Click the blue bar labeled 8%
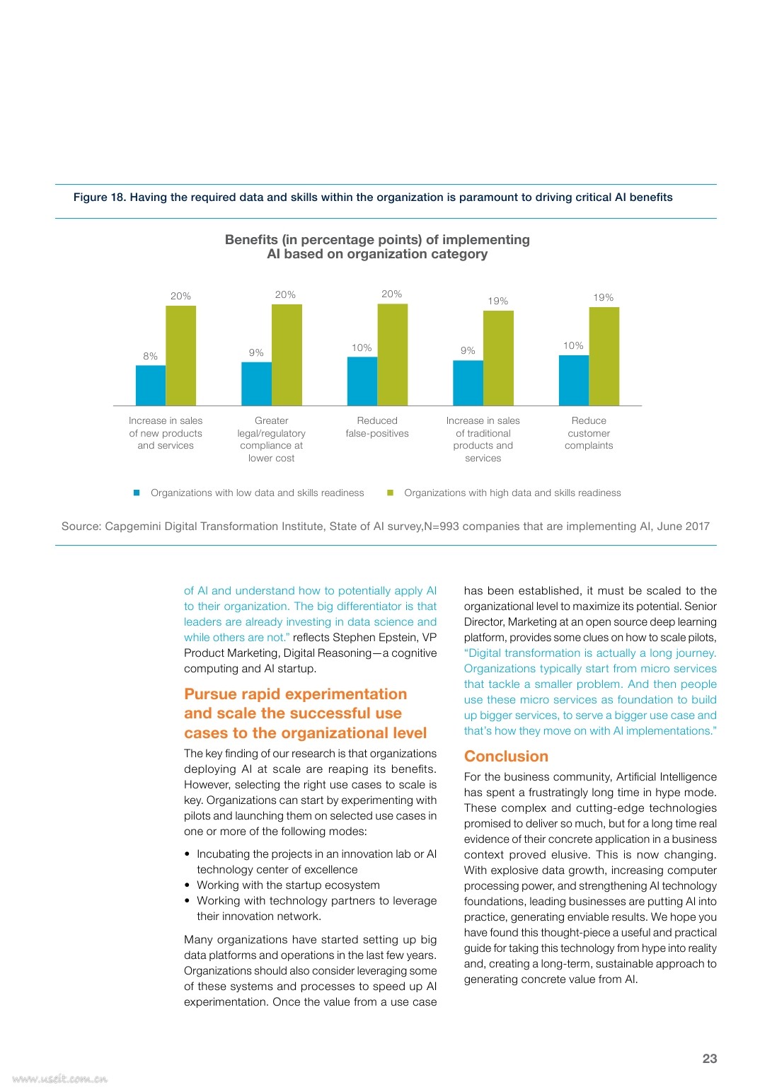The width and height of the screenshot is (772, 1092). (x=151, y=385)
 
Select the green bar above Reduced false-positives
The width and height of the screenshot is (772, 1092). (x=392, y=355)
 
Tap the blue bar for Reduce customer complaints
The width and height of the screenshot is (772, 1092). (x=574, y=380)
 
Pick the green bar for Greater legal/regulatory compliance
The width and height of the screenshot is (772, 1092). (x=287, y=355)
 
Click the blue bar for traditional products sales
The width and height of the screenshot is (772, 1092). (x=468, y=383)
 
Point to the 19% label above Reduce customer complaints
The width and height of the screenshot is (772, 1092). (x=603, y=297)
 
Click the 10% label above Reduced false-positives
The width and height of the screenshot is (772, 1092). (x=362, y=347)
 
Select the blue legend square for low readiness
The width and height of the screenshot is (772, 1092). (x=137, y=493)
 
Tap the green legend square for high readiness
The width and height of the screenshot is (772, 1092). (x=390, y=493)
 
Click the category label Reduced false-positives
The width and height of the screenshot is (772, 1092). (x=377, y=427)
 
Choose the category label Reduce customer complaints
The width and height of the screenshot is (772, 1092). (x=589, y=433)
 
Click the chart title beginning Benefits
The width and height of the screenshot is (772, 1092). (x=377, y=247)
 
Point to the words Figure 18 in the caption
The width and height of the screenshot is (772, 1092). (x=100, y=197)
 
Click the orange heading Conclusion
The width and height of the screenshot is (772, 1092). (x=506, y=756)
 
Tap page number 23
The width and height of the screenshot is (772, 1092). (x=710, y=1058)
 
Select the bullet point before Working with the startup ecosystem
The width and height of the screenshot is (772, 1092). (x=187, y=885)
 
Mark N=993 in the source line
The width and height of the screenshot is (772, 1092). (x=442, y=527)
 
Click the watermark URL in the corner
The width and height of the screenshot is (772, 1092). (x=59, y=1079)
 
